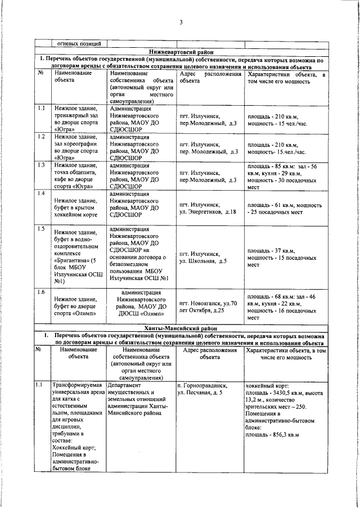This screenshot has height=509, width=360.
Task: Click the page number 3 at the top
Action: tap(181, 22)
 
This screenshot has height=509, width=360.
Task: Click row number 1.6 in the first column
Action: tap(41, 292)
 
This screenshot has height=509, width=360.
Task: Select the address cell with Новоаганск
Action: tap(208, 307)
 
